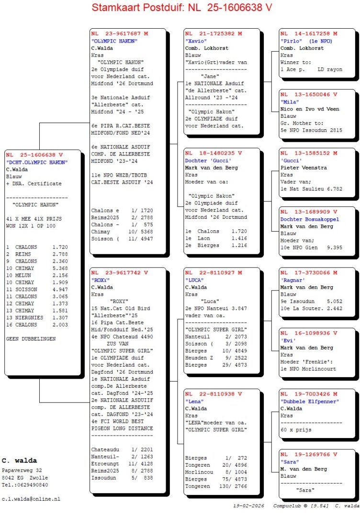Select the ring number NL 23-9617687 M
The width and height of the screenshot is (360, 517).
(x=120, y=34)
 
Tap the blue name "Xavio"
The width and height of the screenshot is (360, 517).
(x=194, y=41)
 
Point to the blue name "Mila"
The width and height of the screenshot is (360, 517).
(x=289, y=101)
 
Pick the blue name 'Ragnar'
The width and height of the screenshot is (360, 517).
(x=293, y=280)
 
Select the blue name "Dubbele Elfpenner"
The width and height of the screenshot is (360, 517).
(x=310, y=401)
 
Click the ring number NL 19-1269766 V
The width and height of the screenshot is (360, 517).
(x=309, y=455)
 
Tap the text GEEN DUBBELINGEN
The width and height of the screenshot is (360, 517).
(x=31, y=338)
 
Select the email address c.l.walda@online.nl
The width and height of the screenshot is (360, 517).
(x=31, y=499)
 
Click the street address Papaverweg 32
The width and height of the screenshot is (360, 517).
(x=22, y=471)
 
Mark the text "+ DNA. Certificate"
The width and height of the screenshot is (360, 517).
(x=34, y=183)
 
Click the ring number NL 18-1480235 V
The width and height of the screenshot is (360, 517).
(x=214, y=153)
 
